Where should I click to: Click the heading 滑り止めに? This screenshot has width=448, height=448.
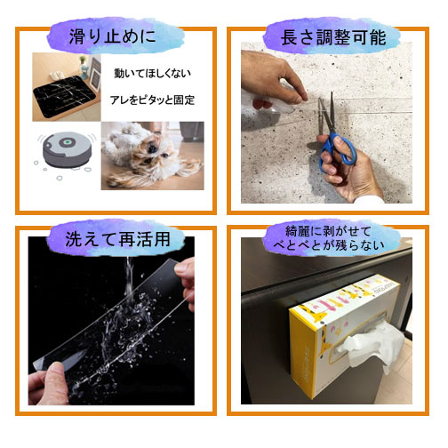[x=112, y=36]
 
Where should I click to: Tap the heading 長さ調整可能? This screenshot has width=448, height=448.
[x=333, y=37]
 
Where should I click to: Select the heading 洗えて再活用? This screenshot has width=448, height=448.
[x=117, y=239]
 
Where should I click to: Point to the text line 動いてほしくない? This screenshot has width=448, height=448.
[x=152, y=73]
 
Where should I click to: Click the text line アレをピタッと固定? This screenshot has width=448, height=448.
[x=152, y=100]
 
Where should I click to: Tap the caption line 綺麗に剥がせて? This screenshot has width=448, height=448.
[x=328, y=231]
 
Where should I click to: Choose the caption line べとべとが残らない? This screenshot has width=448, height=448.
[x=329, y=245]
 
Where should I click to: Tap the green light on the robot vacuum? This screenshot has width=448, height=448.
[x=68, y=142]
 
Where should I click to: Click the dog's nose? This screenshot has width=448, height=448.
[x=153, y=148]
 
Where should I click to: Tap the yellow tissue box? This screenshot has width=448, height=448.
[x=344, y=336]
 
